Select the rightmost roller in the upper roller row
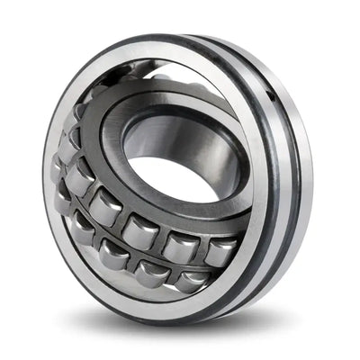pyautogui.click(x=220, y=251)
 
